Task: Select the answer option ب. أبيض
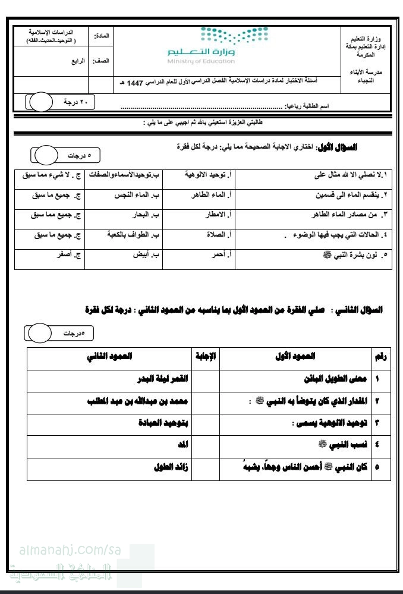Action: pyautogui.click(x=148, y=254)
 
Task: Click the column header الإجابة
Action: pyautogui.click(x=206, y=356)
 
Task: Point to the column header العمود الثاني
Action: pyautogui.click(x=110, y=356)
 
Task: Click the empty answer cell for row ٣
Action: pyautogui.click(x=206, y=422)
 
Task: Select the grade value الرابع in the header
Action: pyautogui.click(x=74, y=61)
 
